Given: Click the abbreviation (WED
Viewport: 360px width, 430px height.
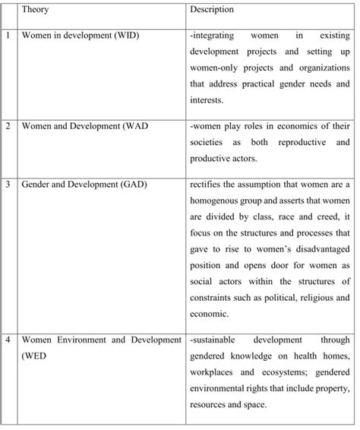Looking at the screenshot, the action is pos(34,355).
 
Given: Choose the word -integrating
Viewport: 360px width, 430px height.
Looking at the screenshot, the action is pos(219,36).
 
